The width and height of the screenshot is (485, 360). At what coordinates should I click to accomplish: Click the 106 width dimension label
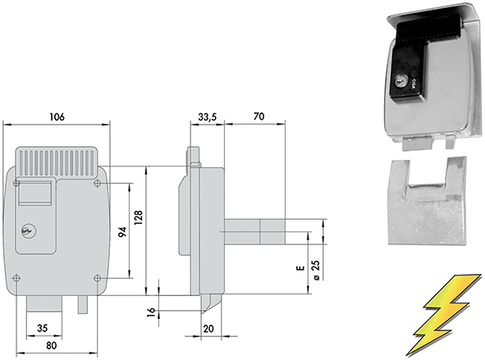pyautogui.click(x=57, y=116)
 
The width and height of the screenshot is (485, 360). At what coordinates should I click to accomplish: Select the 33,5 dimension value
pyautogui.click(x=208, y=117)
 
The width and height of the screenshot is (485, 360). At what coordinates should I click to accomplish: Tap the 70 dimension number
pyautogui.click(x=259, y=116)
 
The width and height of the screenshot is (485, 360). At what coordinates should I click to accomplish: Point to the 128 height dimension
pyautogui.click(x=138, y=217)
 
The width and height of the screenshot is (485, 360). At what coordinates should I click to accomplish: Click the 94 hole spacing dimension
pyautogui.click(x=123, y=232)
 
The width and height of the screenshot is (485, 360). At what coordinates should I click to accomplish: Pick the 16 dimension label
pyautogui.click(x=151, y=312)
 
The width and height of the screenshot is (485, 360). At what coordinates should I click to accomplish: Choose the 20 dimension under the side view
pyautogui.click(x=208, y=329)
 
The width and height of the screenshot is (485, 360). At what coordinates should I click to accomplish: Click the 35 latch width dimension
pyautogui.click(x=42, y=328)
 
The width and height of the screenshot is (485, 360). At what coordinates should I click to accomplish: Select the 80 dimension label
pyautogui.click(x=52, y=345)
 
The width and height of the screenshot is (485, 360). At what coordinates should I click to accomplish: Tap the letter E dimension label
pyautogui.click(x=300, y=268)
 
